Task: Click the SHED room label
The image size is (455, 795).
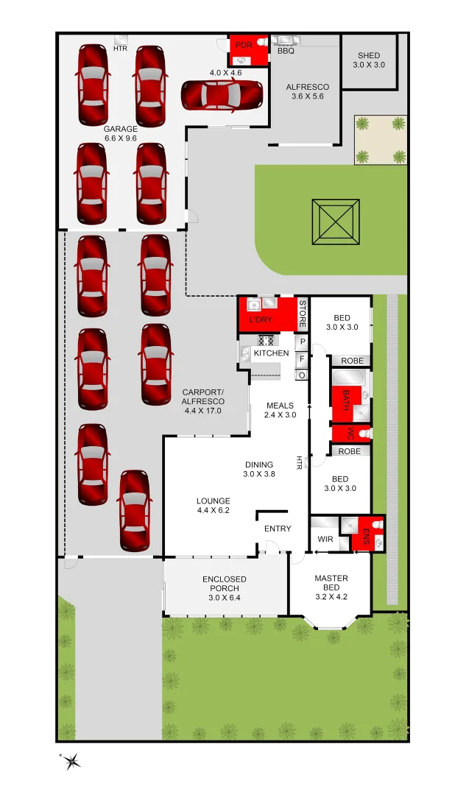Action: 369,56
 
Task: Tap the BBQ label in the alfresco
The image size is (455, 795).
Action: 286,52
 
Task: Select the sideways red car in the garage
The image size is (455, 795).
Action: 222,94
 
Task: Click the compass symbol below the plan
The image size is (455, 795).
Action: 71,761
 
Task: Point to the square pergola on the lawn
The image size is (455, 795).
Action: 335,222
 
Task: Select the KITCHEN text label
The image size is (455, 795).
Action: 272,353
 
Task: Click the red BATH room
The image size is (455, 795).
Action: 345,402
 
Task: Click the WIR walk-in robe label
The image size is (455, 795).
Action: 325,540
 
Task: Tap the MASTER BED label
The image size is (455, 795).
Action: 331,583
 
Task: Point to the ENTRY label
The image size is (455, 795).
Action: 278,529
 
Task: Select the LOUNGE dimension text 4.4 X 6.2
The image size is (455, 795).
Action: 213,510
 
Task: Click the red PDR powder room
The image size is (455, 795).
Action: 244,50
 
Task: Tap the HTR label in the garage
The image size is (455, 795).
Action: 120,49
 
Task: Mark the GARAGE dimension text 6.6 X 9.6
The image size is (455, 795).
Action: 120,138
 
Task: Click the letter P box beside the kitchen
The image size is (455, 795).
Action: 302,342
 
